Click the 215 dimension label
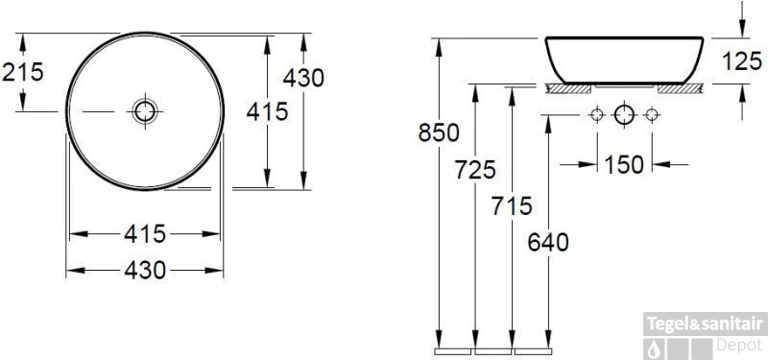click(x=23, y=72)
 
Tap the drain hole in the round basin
click(x=145, y=111)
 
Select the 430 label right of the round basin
click(x=303, y=78)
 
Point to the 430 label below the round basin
click(x=145, y=270)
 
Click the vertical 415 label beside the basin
click(x=267, y=111)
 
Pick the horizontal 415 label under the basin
click(x=145, y=233)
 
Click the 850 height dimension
click(x=439, y=132)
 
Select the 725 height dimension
click(x=475, y=170)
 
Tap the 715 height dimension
click(x=512, y=205)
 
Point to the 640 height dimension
click(x=548, y=242)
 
